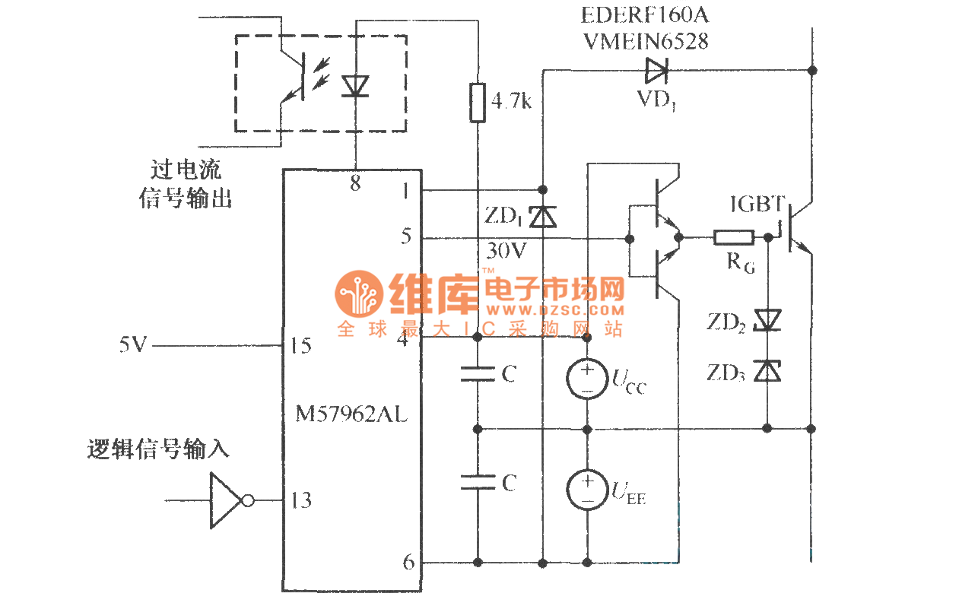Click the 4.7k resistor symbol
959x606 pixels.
click(477, 103)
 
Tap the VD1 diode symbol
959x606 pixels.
click(656, 71)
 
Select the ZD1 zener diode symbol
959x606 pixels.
click(542, 217)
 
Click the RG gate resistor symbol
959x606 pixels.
click(734, 238)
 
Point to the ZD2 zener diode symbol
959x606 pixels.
click(767, 320)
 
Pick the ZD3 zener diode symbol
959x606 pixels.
click(767, 371)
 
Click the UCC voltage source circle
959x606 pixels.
click(587, 378)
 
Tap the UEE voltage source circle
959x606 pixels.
click(587, 489)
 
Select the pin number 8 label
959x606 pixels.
click(355, 183)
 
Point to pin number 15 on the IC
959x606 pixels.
click(300, 346)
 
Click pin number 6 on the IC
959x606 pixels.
click(408, 562)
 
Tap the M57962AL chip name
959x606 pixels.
click(351, 415)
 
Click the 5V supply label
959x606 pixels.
click(132, 346)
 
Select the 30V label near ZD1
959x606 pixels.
click(503, 249)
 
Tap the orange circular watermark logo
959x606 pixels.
click(358, 294)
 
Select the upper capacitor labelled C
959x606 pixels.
click(477, 373)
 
